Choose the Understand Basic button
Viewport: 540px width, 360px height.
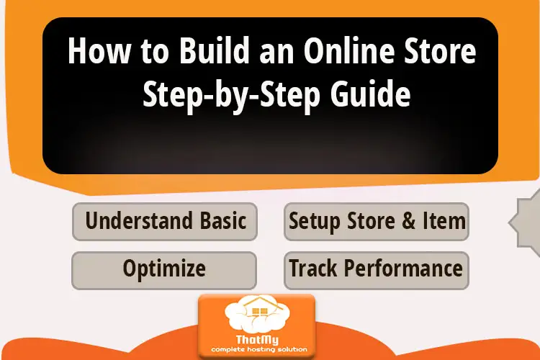pyautogui.click(x=165, y=221)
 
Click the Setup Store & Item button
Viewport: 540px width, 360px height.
pyautogui.click(x=377, y=221)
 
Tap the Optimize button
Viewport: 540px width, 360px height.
pyautogui.click(x=164, y=269)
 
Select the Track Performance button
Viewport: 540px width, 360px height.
pyautogui.click(x=377, y=269)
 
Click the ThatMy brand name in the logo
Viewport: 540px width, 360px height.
pyautogui.click(x=257, y=340)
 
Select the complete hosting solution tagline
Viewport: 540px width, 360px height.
pyautogui.click(x=257, y=351)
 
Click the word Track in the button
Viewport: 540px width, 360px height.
pyautogui.click(x=313, y=269)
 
